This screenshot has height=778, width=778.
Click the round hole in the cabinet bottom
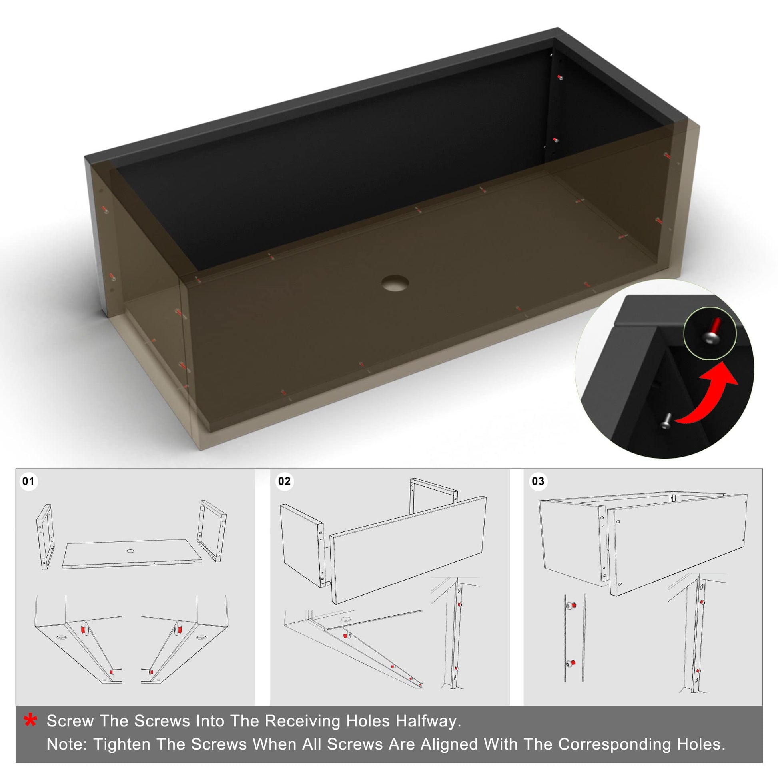pyautogui.click(x=395, y=283)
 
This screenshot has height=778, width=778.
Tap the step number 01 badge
pyautogui.click(x=29, y=481)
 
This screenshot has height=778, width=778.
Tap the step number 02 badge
pyautogui.click(x=284, y=481)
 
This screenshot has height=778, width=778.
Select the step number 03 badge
pyautogui.click(x=538, y=481)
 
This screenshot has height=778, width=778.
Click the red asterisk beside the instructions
pyautogui.click(x=31, y=720)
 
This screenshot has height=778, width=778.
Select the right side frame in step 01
pyautogui.click(x=212, y=531)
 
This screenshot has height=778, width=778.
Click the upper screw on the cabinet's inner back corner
pyautogui.click(x=560, y=77)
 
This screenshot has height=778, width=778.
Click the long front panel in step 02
pyautogui.click(x=408, y=550)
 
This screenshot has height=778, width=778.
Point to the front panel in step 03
pyautogui.click(x=677, y=545)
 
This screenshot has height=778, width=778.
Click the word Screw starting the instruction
pyautogui.click(x=70, y=721)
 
